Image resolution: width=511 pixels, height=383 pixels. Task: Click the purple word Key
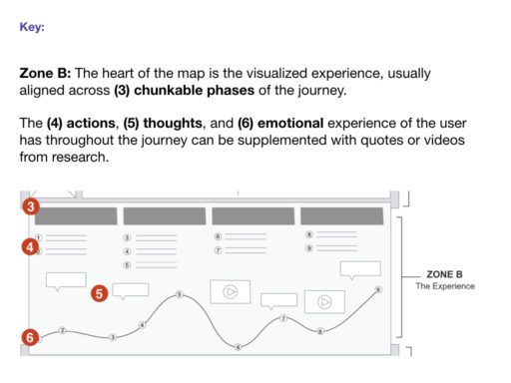coord(31,27)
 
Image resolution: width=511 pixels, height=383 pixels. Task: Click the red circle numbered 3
coord(32,207)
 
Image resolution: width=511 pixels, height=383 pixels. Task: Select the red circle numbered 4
coord(32,245)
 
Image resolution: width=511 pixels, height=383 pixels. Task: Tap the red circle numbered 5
coord(99,293)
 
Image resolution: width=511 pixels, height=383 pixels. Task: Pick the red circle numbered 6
coord(31,337)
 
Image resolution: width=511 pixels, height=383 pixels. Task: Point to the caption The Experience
coord(445,286)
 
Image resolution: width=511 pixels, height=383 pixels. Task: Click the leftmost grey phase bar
coord(72,215)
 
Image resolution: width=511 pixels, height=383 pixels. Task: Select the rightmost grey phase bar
coord(341,215)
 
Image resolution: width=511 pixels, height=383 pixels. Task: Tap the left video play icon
coord(230,291)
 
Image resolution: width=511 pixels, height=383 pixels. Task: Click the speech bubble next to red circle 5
coord(130,289)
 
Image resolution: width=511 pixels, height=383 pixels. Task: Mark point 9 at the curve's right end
coord(378,289)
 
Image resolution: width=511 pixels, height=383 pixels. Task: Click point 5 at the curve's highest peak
coord(178,294)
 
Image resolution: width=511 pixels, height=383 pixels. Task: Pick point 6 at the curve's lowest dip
coord(238,346)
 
